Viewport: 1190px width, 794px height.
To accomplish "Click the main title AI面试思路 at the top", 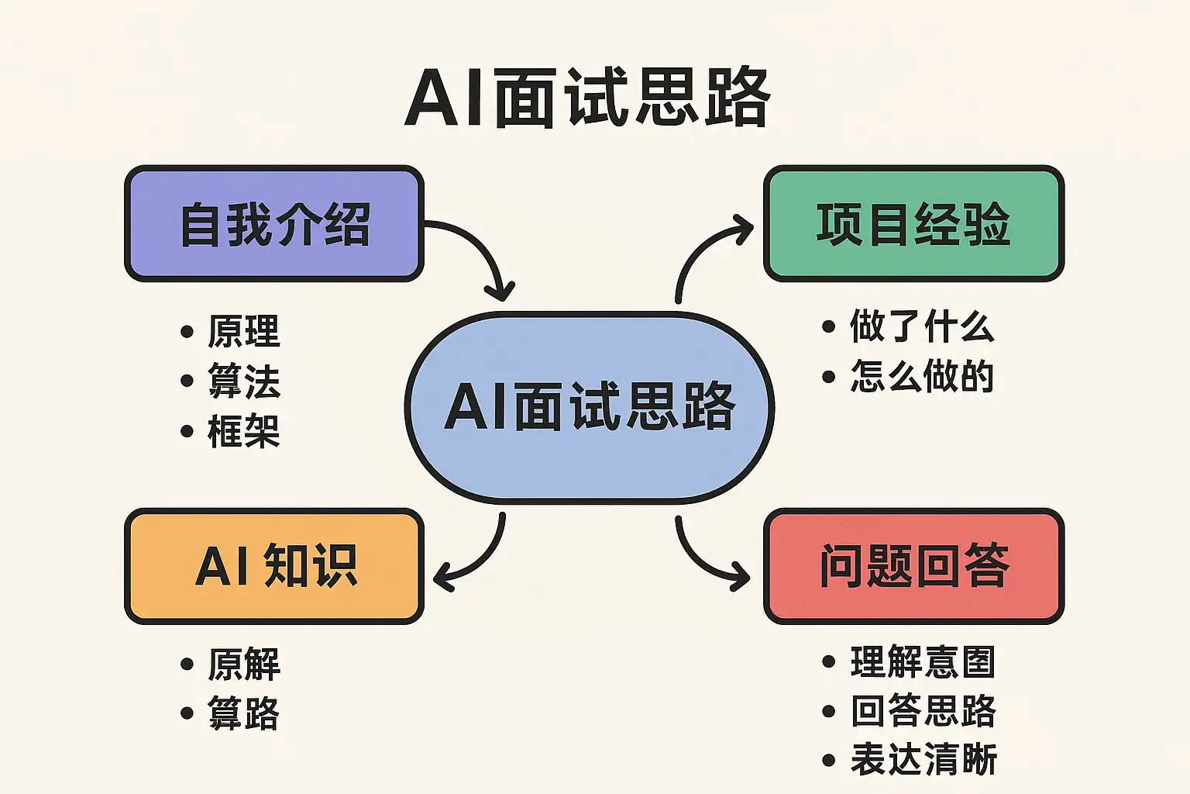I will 587,98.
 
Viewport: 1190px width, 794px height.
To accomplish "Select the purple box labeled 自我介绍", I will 274,223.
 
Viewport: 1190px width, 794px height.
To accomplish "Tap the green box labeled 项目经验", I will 913,223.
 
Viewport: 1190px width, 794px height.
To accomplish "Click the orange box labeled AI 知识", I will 274,566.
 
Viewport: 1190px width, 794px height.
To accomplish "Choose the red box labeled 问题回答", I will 913,566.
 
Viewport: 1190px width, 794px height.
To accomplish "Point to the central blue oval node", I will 589,406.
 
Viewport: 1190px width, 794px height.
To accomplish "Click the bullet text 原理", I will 243,332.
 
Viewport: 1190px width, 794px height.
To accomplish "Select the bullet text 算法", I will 243,381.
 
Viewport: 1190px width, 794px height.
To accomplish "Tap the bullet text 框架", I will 243,431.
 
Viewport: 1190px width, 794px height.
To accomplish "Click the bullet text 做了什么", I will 921,326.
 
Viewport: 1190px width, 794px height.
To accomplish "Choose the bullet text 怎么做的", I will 921,377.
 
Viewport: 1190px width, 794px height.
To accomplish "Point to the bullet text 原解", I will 243,665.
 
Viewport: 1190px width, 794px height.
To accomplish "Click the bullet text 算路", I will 243,713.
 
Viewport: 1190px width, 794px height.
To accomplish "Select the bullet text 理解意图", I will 922,662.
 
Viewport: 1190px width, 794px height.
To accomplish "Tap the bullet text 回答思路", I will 922,711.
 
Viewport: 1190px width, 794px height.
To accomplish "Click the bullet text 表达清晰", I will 922,760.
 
